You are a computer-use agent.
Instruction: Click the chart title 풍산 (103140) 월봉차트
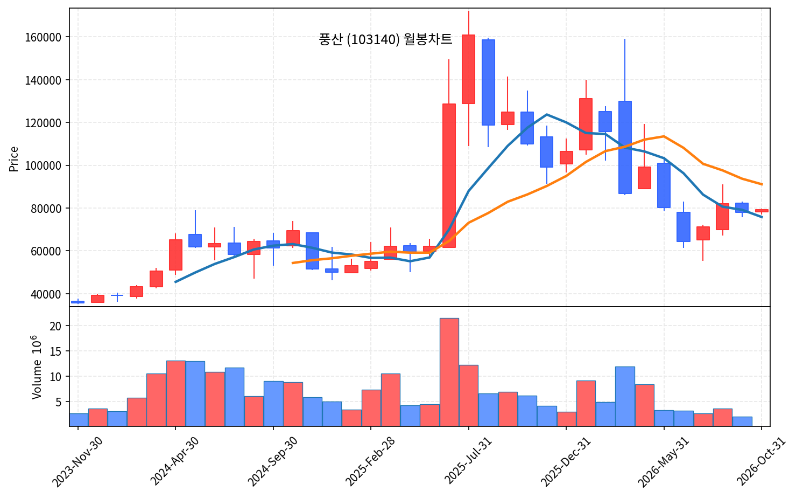coord(385,39)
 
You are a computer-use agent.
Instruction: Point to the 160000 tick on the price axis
coord(43,37)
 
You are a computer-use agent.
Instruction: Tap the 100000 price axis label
coord(43,166)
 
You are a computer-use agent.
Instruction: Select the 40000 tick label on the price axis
coord(46,294)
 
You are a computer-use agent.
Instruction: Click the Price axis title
coord(13,159)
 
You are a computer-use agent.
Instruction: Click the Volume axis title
coord(37,367)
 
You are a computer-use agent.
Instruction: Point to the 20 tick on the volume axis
coord(55,326)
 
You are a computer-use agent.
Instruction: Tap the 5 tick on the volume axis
coord(59,402)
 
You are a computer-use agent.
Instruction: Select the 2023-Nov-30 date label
coord(78,462)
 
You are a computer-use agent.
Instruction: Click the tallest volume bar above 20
coord(449,372)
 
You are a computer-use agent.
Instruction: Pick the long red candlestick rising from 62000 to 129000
coord(449,176)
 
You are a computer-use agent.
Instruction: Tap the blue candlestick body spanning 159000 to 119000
coord(488,82)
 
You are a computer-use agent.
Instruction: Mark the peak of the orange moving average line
coord(664,136)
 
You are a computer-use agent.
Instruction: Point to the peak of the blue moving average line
coord(546,114)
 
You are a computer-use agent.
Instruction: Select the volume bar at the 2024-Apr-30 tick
coord(176,393)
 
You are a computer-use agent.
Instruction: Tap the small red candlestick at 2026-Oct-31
coord(762,211)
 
